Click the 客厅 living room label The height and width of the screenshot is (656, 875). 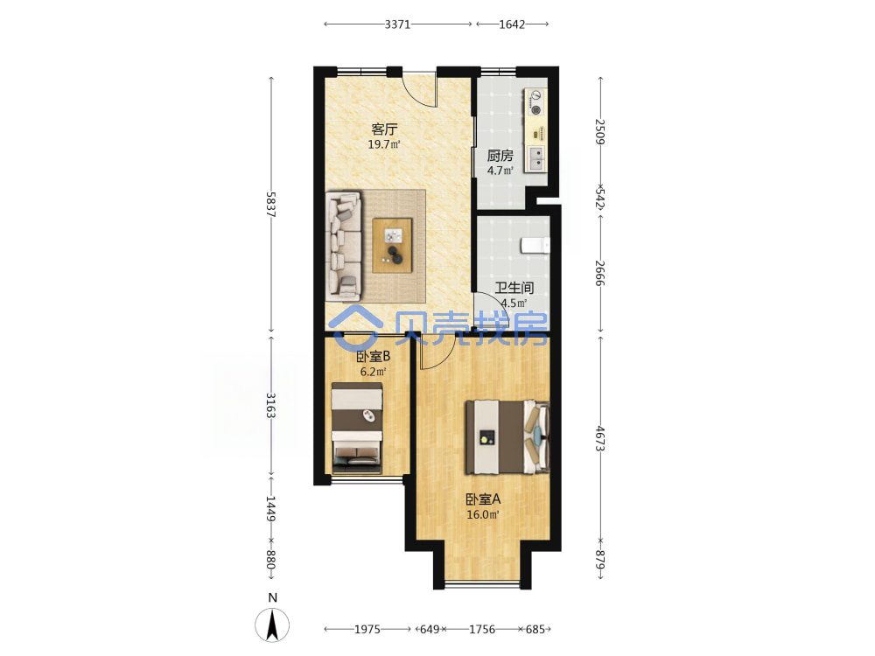coord(384,129)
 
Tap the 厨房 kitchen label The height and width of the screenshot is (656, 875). coord(500,156)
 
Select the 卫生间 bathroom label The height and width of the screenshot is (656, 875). coord(514,288)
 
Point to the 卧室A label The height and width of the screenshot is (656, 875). coord(483,499)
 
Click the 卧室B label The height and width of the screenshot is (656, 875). coord(374,356)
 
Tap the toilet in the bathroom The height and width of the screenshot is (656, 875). coord(535,246)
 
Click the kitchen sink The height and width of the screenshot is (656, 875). coord(537,157)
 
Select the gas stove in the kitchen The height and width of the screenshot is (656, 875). coord(535,102)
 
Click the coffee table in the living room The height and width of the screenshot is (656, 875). coord(393,246)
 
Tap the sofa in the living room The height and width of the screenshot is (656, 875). coord(344,247)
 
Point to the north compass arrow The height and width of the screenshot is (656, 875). coord(272,625)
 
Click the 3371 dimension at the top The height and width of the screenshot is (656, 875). coord(397,24)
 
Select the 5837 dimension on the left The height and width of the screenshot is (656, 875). coord(270,204)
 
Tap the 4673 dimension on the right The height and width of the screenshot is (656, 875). coord(600,438)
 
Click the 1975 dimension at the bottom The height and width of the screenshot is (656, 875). coord(367,629)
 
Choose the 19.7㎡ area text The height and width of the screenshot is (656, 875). coord(384,144)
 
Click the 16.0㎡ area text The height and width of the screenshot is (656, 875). coord(483,514)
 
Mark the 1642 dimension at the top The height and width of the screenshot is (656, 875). coord(512,24)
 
